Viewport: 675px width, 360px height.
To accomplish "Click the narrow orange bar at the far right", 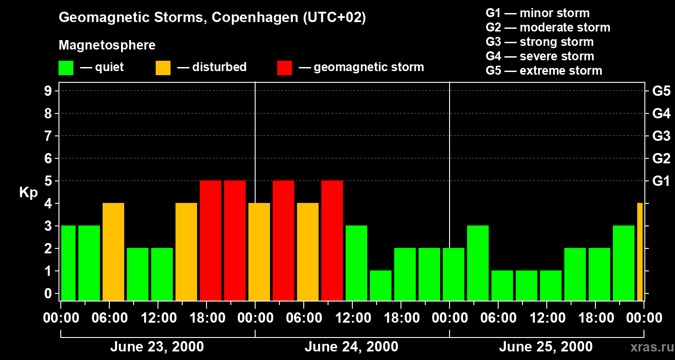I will click(640, 252).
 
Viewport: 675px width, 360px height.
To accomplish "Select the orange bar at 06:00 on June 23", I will click(113, 252).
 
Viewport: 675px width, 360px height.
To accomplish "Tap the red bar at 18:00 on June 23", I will click(211, 241).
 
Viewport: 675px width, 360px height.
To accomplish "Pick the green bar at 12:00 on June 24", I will click(356, 263).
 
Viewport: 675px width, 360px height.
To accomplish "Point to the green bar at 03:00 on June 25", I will click(478, 263).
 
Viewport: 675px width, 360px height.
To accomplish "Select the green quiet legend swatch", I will click(66, 68).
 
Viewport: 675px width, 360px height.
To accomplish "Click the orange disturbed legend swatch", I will click(163, 68).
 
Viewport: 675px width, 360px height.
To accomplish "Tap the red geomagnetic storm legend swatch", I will click(285, 68).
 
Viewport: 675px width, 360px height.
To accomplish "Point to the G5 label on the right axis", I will click(661, 91).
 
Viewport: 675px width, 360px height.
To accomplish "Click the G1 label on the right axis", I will click(661, 181).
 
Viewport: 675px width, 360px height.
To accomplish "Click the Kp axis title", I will click(28, 193).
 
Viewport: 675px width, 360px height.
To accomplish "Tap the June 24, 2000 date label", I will click(351, 347).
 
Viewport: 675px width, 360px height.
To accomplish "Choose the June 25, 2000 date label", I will click(546, 347).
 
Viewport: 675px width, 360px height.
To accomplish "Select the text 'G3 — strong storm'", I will click(540, 42).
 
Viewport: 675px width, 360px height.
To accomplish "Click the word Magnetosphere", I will click(107, 45).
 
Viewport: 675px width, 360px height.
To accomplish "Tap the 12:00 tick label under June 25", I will click(546, 318).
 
